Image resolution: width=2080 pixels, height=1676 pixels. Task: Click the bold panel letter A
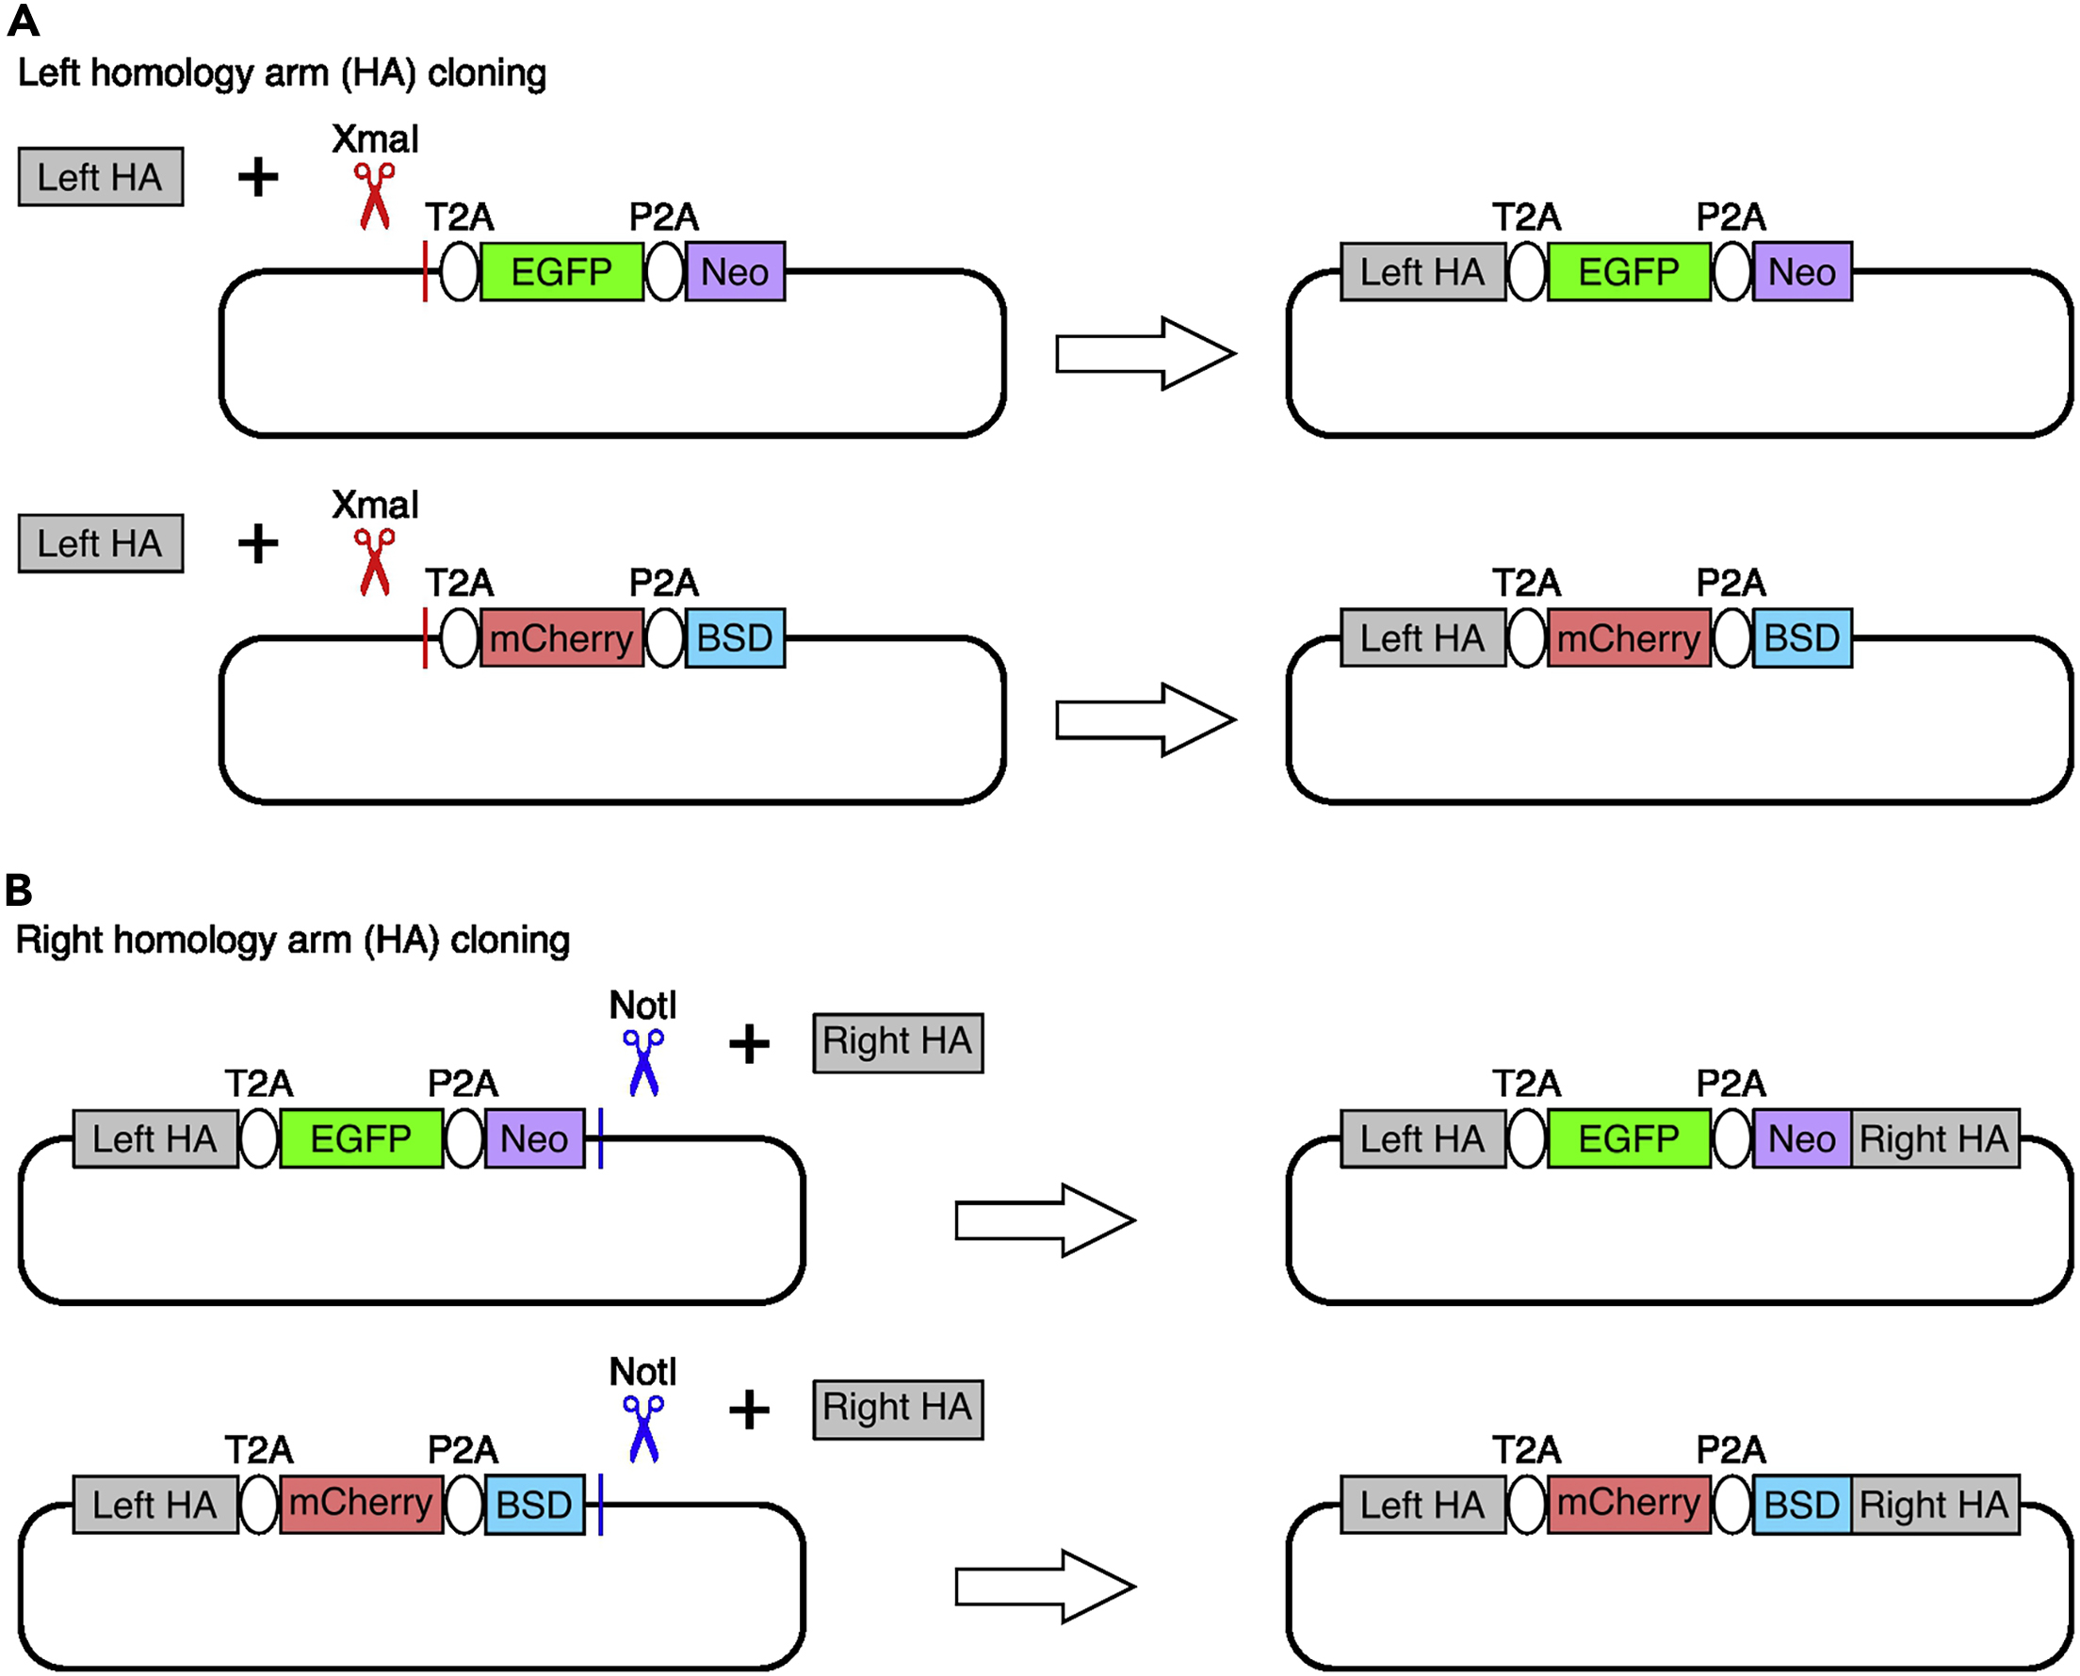click(24, 22)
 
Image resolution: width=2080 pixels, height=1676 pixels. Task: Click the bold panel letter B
click(18, 889)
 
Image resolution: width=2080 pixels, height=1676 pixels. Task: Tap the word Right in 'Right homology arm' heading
click(59, 941)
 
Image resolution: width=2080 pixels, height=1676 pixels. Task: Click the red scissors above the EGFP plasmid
click(375, 196)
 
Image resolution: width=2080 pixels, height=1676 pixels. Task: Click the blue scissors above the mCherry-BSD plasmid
click(643, 1429)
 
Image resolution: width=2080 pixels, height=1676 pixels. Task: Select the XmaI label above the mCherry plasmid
click(375, 505)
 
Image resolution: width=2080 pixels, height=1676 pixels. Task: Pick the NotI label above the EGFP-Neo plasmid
click(643, 1006)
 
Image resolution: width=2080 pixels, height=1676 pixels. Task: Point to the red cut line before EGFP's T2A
click(425, 271)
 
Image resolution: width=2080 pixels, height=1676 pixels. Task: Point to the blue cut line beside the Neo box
click(601, 1138)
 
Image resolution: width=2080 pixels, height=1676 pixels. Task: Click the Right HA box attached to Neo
click(1934, 1138)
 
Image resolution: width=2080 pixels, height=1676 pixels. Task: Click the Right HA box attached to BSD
click(1934, 1504)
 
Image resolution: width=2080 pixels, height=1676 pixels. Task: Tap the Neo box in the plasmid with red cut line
click(735, 271)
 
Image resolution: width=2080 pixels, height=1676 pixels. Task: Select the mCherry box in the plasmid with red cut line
click(561, 638)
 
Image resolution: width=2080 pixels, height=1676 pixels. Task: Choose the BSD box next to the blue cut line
click(534, 1504)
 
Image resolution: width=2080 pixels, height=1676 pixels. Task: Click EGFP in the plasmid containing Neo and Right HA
click(1628, 1138)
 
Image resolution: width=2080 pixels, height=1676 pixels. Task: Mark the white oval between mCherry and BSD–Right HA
click(1731, 1504)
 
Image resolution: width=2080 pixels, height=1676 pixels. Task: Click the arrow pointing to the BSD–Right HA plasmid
click(1045, 1587)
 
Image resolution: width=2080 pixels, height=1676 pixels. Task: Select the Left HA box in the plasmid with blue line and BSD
click(155, 1504)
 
